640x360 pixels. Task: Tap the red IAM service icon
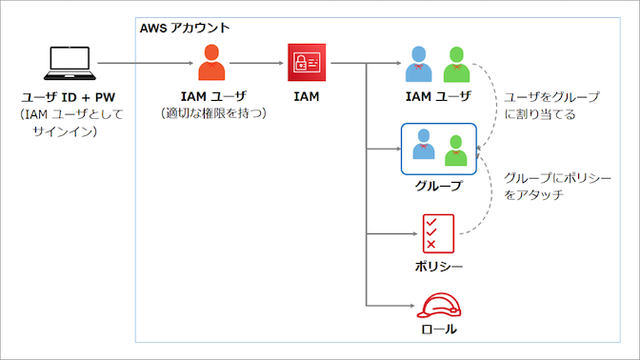(x=304, y=63)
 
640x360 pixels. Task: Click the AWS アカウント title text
(x=185, y=28)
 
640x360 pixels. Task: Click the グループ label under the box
(x=438, y=186)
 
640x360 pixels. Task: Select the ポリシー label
(x=438, y=265)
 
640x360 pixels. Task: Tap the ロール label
(x=438, y=330)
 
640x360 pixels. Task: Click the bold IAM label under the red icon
(x=304, y=97)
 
